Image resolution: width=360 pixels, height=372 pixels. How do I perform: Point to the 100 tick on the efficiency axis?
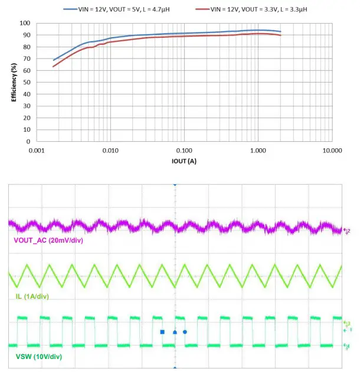(26, 23)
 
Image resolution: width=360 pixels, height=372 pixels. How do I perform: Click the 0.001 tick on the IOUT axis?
(37, 151)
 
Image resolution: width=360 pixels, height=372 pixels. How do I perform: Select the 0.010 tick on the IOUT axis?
(110, 151)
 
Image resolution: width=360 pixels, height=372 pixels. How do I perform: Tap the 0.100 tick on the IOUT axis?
(185, 151)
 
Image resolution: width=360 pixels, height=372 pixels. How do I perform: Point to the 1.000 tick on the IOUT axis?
(258, 151)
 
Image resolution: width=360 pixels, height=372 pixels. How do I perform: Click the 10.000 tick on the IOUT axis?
(332, 151)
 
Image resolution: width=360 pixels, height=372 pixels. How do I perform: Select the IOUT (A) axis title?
(185, 161)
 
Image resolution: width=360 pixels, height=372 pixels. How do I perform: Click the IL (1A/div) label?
(35, 295)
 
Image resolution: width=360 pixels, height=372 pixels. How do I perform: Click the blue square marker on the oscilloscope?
(162, 332)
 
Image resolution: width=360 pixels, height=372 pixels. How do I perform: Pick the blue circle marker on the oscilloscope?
(185, 332)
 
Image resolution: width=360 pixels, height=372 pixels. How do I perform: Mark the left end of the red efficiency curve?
(54, 66)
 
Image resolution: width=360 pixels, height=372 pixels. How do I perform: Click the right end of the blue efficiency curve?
(280, 31)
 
